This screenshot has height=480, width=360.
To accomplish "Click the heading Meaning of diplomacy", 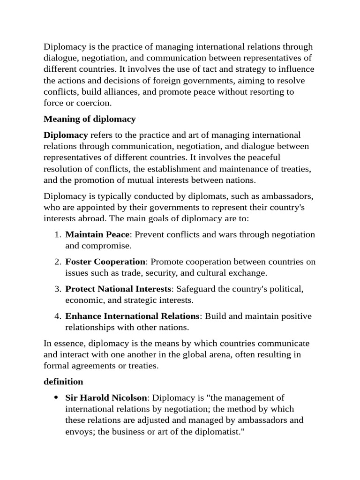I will [x=90, y=119].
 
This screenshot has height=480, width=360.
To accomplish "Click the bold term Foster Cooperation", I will [x=105, y=262].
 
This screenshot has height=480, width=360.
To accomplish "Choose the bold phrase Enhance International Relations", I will [x=133, y=316].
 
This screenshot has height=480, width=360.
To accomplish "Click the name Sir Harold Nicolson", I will [x=105, y=397].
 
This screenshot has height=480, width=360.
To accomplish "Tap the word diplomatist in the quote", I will [x=215, y=431].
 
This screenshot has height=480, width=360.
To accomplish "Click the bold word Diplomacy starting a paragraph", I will [x=66, y=135].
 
